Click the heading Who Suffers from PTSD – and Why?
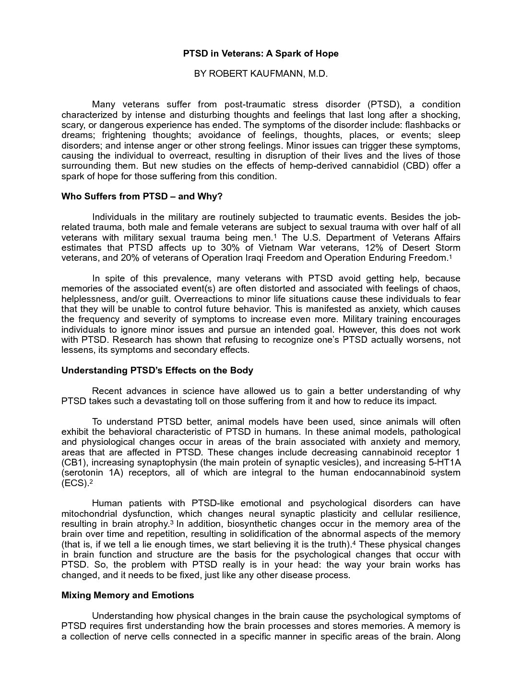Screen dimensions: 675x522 click(142, 197)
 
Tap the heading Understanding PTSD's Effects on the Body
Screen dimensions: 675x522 click(157, 370)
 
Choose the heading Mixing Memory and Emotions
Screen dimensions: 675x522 click(128, 595)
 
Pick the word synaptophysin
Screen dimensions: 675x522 click(166, 463)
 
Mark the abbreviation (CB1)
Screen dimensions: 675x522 click(74, 463)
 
